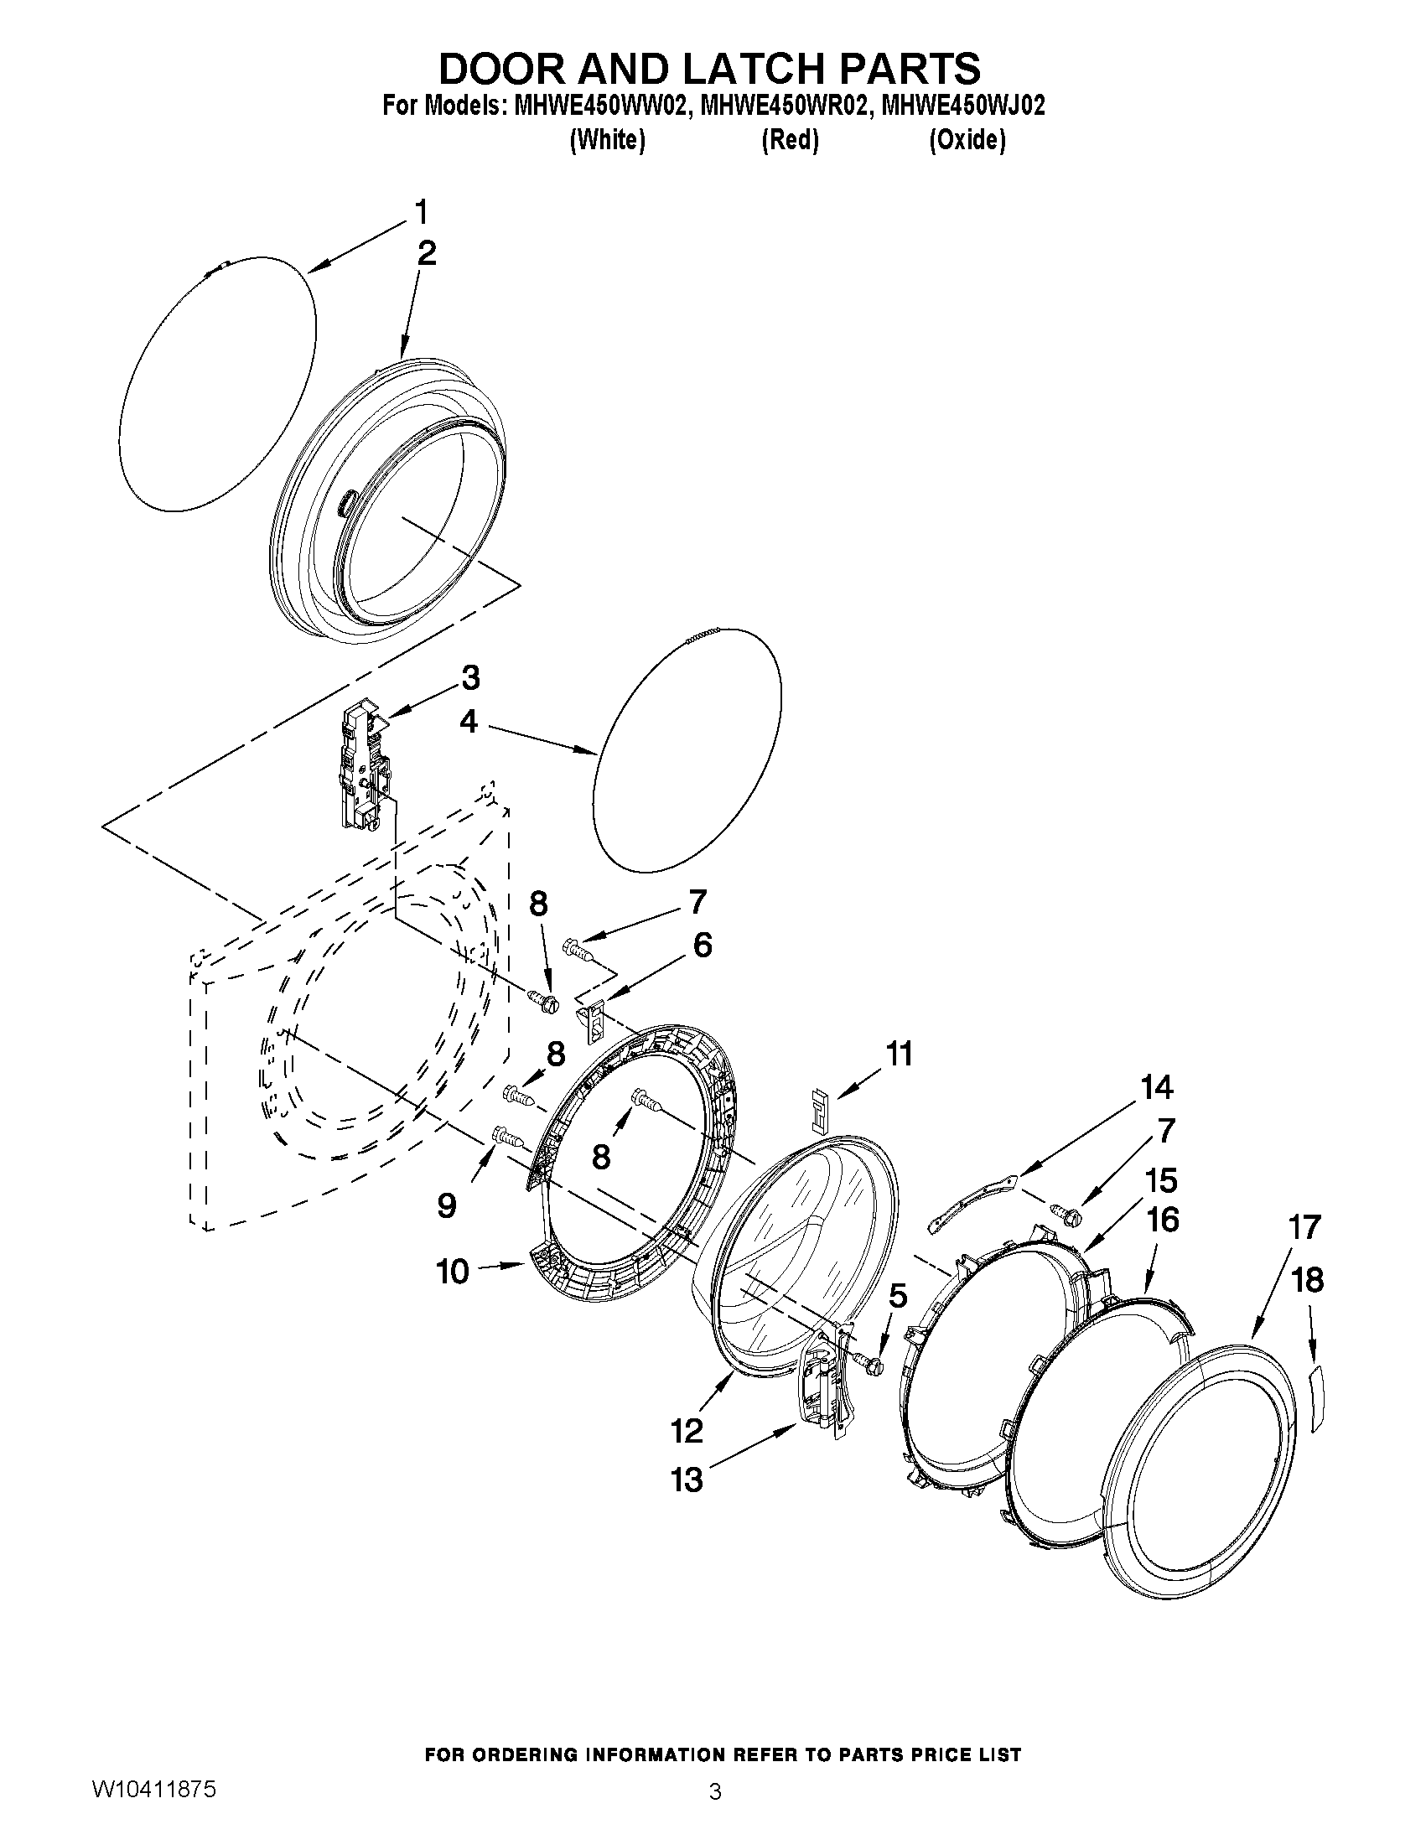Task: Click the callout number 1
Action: (421, 212)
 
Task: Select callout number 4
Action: (469, 722)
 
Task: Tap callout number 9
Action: (447, 1205)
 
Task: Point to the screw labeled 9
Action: (507, 1136)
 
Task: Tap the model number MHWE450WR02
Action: (786, 106)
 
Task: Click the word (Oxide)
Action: (967, 140)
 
